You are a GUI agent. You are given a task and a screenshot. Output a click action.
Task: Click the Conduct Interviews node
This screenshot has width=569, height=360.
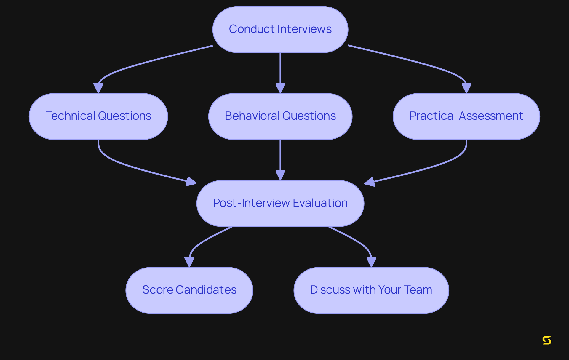click(280, 29)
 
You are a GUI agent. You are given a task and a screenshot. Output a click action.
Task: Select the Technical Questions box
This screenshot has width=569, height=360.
click(98, 116)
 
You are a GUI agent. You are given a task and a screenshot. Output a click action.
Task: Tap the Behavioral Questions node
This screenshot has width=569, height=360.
click(280, 116)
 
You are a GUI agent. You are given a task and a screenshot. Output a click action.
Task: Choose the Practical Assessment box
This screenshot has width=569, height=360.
click(466, 116)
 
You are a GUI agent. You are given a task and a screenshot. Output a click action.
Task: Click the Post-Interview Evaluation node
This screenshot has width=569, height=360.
click(280, 203)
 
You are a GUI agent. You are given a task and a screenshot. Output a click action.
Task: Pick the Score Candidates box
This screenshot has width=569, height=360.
click(189, 290)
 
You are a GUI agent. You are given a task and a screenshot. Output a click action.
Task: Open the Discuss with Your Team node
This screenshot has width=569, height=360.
click(371, 290)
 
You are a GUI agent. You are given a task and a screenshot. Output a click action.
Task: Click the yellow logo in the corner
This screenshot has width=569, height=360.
click(546, 340)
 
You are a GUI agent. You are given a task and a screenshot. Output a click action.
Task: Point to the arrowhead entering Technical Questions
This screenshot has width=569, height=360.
click(98, 88)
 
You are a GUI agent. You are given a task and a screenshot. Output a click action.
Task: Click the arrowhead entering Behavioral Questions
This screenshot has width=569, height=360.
click(280, 88)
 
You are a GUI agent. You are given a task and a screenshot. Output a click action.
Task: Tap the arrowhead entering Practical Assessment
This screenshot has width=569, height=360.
click(466, 88)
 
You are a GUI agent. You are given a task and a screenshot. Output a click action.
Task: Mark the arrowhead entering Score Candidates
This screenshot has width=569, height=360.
click(189, 262)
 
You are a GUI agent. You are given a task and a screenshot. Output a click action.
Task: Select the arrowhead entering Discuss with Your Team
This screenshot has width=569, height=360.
click(371, 262)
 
